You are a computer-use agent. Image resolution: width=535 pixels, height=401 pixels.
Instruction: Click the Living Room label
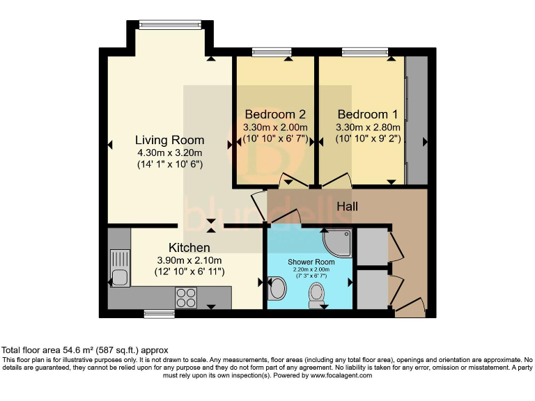pos(169,140)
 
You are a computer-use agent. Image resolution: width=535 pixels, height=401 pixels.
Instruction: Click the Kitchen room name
pos(189,247)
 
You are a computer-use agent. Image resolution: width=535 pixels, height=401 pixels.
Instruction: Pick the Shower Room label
pos(311,262)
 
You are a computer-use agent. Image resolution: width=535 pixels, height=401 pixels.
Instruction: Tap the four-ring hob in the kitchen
pos(186,298)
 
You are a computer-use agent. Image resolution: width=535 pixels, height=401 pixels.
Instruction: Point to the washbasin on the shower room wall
pos(276,288)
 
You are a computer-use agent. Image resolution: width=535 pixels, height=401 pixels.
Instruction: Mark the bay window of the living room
pos(169,25)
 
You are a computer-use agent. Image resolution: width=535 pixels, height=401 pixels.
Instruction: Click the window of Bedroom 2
pos(272,52)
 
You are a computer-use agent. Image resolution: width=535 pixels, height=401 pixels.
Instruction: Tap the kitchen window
pos(159,314)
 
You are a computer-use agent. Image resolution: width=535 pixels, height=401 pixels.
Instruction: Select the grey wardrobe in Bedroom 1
pos(417,121)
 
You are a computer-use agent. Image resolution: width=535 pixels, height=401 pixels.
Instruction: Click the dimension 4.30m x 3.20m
pos(169,153)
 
